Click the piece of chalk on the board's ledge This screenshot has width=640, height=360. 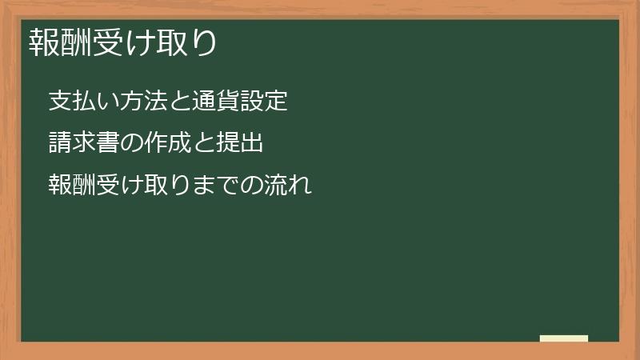(x=564, y=338)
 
